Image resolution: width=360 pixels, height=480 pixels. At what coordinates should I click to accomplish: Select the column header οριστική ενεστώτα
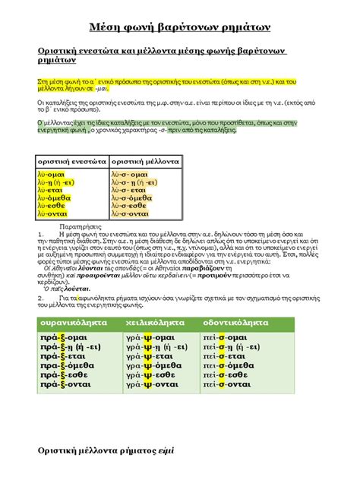click(x=72, y=163)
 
